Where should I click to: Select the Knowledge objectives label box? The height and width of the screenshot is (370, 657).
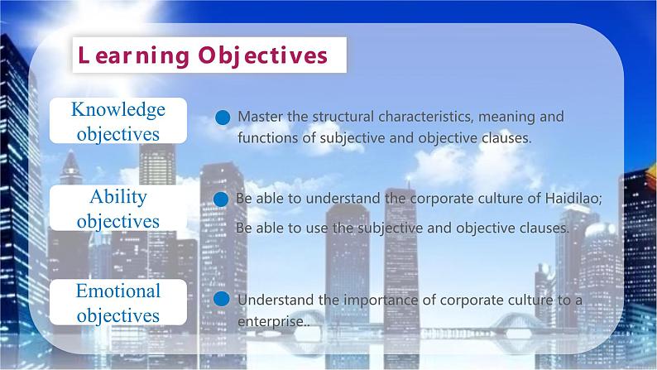coord(118,121)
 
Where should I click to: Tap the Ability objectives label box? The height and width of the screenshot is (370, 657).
coord(118,209)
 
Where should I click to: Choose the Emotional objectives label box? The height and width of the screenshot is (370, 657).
coord(118,303)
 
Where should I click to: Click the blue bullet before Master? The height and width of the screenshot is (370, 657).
coord(222,118)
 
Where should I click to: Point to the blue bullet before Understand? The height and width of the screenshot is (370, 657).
coord(221,300)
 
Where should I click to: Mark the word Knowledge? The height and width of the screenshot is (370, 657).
coord(118,109)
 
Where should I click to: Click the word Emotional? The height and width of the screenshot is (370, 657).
coord(118,291)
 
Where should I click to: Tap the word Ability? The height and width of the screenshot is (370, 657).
coord(118,197)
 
